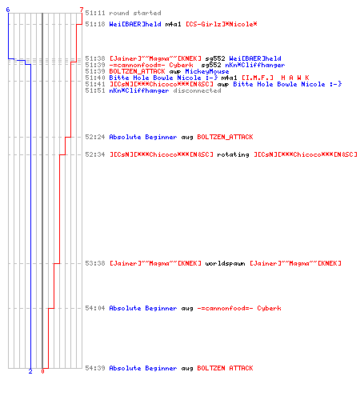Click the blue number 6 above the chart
tap(8, 10)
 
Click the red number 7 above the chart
tap(82, 10)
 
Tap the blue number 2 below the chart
tap(30, 371)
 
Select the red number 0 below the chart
tap(42, 371)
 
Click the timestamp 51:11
tap(95, 13)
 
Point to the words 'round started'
tap(135, 13)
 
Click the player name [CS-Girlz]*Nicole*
tap(222, 24)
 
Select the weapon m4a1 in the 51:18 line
tap(174, 24)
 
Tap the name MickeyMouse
tap(207, 71)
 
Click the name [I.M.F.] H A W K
tap(275, 78)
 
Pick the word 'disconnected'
tap(197, 90)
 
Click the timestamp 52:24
tap(95, 137)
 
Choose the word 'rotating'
tap(233, 154)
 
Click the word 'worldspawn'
tap(225, 263)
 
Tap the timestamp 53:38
tap(95, 263)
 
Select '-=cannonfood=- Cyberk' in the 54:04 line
tap(239, 308)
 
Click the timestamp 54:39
tap(95, 368)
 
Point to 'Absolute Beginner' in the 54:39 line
tap(143, 368)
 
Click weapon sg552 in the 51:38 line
tap(215, 58)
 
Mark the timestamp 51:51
tap(95, 90)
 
